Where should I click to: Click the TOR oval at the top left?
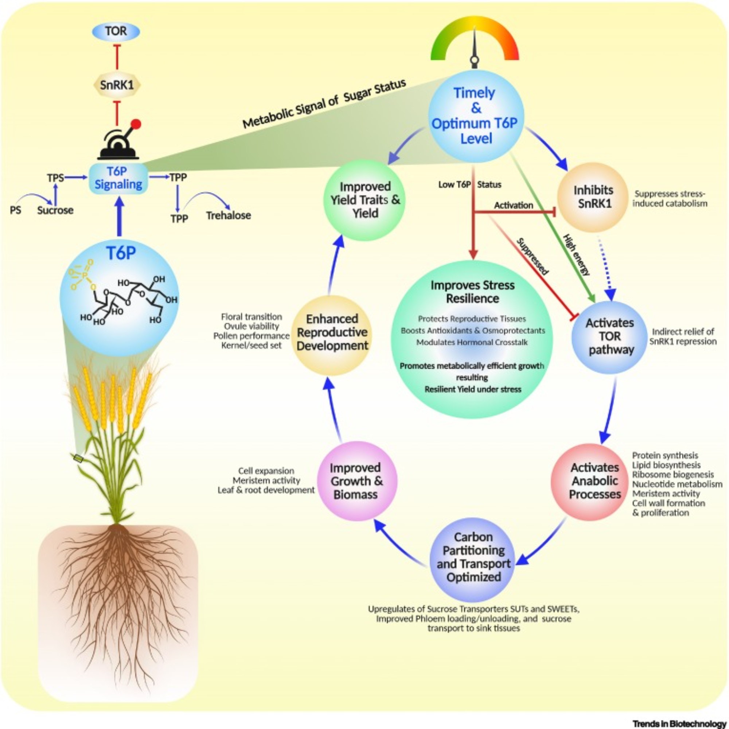116,31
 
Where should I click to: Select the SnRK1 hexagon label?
117,85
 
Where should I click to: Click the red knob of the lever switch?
137,124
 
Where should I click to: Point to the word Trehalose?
228,215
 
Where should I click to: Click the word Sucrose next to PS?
55,210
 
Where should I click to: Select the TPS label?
55,178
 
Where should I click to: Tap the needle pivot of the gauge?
474,61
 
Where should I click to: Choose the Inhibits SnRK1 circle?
592,197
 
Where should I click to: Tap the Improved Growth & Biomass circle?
355,481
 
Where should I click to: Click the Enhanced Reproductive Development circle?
332,332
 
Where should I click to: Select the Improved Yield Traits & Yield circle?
365,200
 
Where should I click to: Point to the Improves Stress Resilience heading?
472,292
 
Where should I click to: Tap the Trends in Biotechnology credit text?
679,723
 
